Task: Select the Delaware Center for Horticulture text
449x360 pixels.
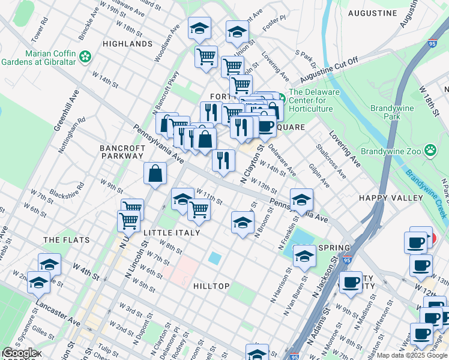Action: pos(314,100)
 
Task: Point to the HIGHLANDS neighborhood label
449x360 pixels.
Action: pos(127,44)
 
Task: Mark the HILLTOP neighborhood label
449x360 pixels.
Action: pos(211,286)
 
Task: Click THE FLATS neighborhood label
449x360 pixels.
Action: pos(66,240)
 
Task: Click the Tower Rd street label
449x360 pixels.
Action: pos(39,33)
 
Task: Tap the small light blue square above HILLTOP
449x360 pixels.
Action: pos(214,259)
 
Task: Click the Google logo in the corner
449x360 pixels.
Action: pos(20,352)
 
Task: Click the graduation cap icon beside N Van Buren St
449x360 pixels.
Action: pos(304,256)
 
